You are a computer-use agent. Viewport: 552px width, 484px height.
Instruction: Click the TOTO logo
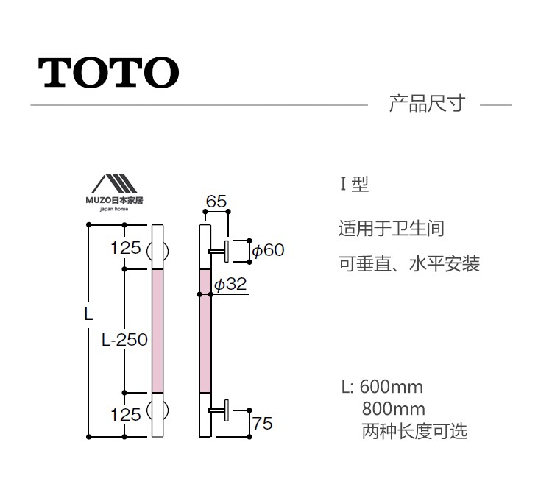(x=109, y=71)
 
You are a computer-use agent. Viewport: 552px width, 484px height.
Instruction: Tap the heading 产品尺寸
(x=427, y=103)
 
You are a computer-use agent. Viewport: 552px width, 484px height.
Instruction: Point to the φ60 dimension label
(x=268, y=250)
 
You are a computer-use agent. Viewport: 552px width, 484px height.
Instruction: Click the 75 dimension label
(x=262, y=423)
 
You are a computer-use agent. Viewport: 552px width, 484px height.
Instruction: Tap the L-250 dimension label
(x=124, y=340)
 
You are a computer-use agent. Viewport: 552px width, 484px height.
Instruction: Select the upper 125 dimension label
(x=125, y=248)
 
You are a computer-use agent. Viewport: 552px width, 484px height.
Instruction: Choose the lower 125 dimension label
(x=125, y=415)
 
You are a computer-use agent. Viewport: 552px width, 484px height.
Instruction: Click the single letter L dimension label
(x=88, y=314)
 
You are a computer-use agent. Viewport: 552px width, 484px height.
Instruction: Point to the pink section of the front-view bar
(x=157, y=331)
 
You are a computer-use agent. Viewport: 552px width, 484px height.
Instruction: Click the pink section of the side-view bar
(x=206, y=331)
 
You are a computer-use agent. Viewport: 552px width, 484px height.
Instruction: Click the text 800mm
(x=393, y=409)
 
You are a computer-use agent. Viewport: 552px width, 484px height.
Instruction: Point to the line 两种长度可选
(x=414, y=431)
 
